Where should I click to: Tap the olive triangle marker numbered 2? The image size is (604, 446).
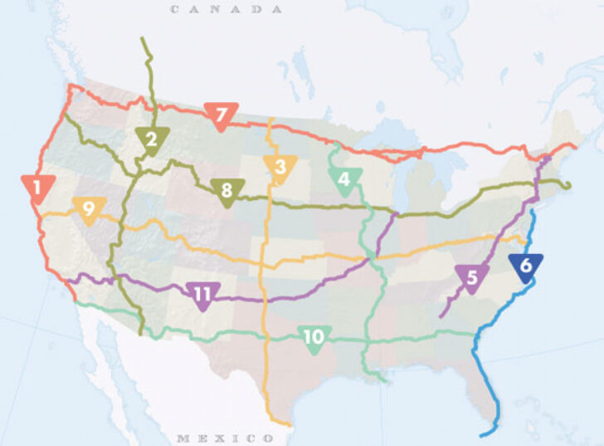click(151, 140)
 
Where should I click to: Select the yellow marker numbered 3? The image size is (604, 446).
click(280, 168)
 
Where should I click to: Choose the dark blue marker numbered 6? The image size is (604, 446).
click(526, 267)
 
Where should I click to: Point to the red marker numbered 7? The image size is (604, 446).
click(221, 115)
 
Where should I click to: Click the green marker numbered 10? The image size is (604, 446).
click(314, 338)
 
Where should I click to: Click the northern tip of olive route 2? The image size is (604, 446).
click(144, 38)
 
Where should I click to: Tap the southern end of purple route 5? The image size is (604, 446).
click(440, 316)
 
